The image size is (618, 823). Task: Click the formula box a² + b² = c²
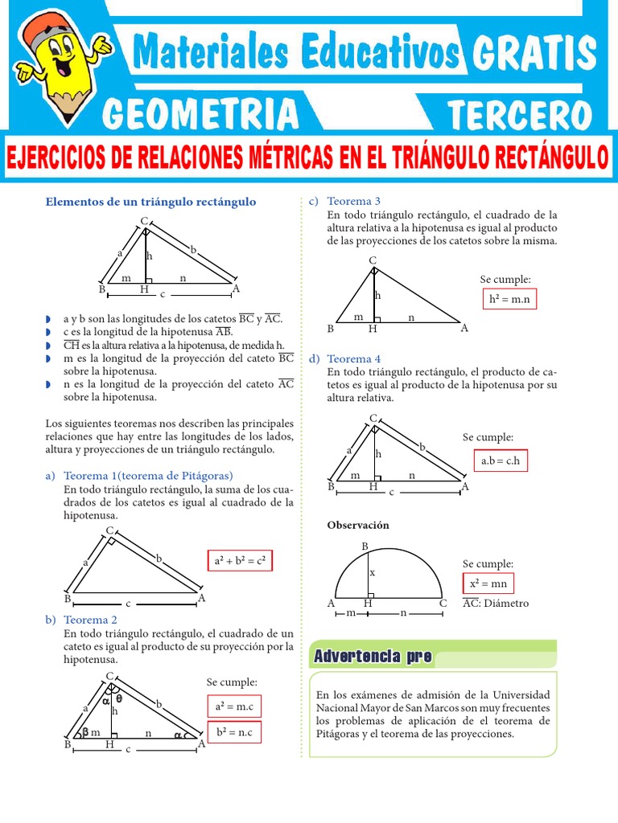point(241,560)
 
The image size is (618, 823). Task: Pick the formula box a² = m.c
point(233,706)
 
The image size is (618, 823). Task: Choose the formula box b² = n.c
point(233,732)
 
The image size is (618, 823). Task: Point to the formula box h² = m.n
point(510,300)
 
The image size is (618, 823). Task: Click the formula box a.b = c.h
point(500,461)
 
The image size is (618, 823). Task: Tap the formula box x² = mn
point(488,583)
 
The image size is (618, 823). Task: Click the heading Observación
point(358,525)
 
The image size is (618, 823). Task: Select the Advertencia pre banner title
point(373,657)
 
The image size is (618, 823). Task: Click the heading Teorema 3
point(354,200)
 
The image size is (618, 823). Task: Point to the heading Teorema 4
point(354,358)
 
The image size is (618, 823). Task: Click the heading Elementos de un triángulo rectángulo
point(150,202)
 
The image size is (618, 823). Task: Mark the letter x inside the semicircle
point(372,574)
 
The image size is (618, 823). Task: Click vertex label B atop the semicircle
point(365,547)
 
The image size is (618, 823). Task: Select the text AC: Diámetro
point(496,603)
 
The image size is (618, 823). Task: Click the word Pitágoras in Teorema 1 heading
point(204,475)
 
